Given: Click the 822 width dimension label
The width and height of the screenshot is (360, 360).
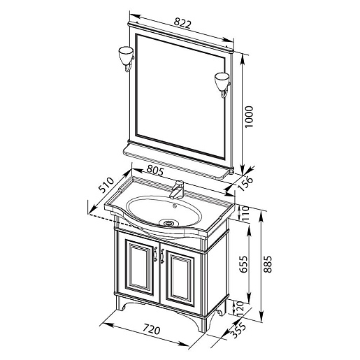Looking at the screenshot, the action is (182, 23).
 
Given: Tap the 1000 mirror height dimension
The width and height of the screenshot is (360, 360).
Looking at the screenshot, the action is (249, 117).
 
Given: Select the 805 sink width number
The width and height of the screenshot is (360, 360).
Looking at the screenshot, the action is (155, 171).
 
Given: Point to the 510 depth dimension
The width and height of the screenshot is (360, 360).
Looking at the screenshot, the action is (107, 185).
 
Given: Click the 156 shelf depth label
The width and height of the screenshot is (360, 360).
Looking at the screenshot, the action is (246, 183).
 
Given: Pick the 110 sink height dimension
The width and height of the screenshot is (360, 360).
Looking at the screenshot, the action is (246, 213).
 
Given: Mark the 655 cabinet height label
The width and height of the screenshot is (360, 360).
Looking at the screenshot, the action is (244, 264).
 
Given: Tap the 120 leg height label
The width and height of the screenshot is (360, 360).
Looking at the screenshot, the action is (240, 309).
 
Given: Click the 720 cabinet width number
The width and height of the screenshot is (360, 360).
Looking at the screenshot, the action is (152, 330).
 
